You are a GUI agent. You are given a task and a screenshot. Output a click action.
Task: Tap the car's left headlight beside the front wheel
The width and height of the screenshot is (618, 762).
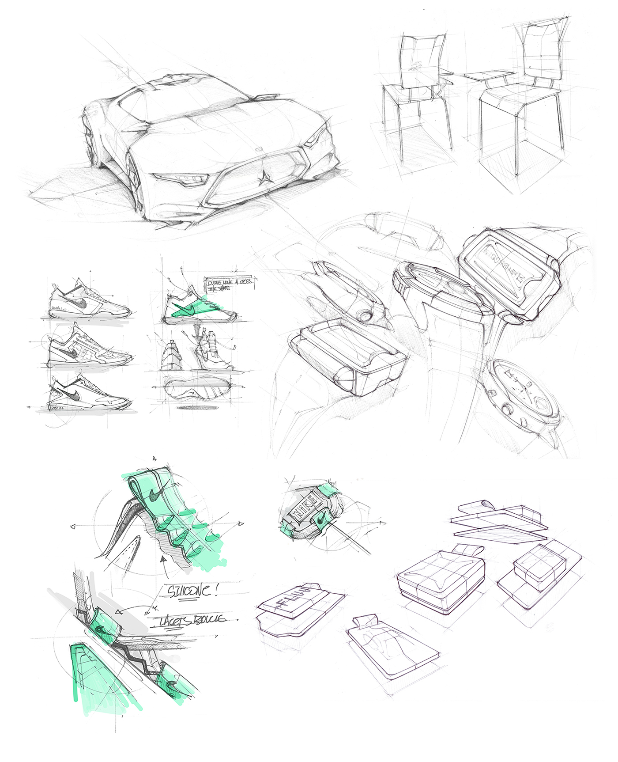(x=182, y=179)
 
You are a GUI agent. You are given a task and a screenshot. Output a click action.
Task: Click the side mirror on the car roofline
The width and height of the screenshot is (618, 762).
(x=268, y=96)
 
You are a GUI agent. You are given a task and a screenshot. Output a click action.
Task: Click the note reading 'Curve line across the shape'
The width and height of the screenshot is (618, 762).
(x=230, y=284)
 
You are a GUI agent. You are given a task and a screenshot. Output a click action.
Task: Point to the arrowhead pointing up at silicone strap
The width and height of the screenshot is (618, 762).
(x=164, y=560)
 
